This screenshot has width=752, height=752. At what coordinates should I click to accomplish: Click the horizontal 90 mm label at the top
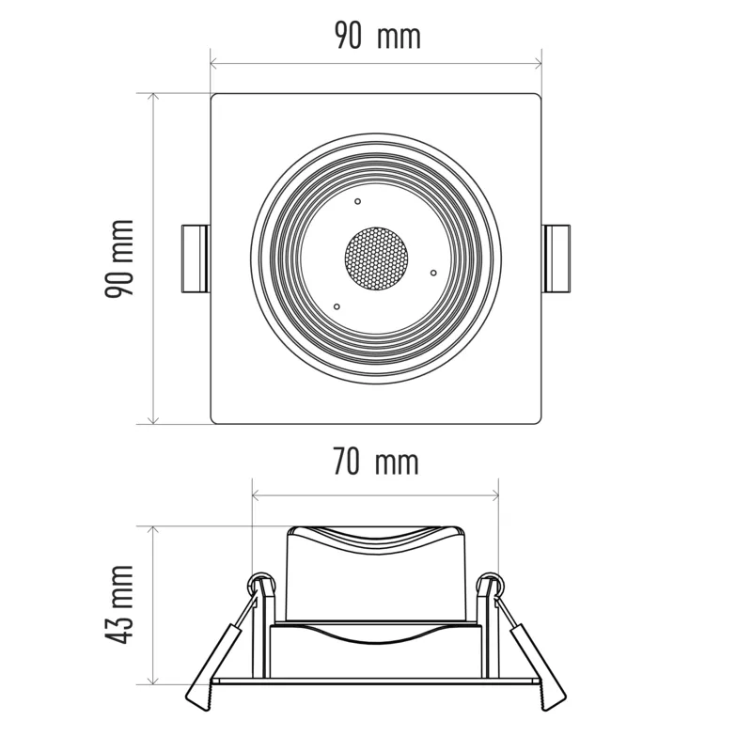coord(378,36)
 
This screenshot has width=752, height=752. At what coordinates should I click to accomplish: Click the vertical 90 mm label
coord(119,258)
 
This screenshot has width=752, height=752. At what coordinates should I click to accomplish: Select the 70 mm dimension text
coord(375,462)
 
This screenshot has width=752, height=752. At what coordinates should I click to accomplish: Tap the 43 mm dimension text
coord(119,604)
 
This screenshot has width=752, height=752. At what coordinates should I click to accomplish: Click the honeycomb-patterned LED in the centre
coord(377,259)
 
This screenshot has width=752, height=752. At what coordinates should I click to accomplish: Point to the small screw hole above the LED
coord(358,201)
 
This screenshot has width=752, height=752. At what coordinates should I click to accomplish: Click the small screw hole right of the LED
coord(433,273)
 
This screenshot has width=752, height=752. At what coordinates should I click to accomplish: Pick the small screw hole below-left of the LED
coord(337,307)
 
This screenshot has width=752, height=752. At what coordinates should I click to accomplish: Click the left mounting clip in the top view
coord(196,258)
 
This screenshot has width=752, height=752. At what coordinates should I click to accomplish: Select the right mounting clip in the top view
coord(556,258)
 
